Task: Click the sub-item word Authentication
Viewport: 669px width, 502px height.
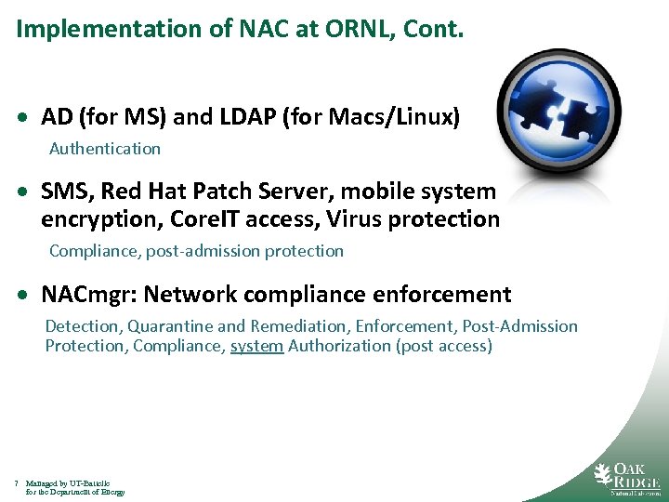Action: [105, 149]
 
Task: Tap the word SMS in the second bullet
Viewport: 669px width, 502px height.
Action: [66, 192]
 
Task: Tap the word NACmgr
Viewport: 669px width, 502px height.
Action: [87, 295]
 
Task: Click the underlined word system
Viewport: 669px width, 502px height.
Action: [256, 346]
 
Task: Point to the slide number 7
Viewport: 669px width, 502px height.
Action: [17, 483]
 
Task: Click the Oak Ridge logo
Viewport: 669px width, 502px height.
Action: [626, 476]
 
